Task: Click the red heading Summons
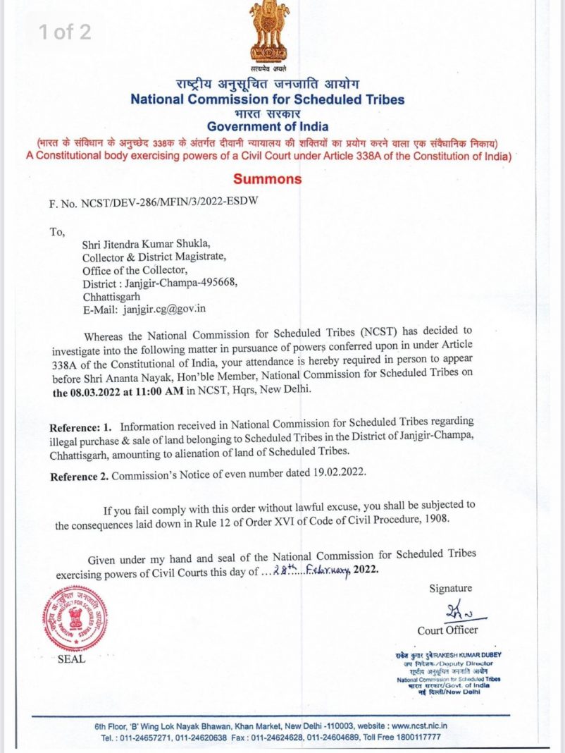[x=267, y=179]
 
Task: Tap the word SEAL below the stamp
[x=72, y=659]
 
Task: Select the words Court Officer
[x=447, y=630]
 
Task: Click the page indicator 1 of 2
[x=64, y=32]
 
